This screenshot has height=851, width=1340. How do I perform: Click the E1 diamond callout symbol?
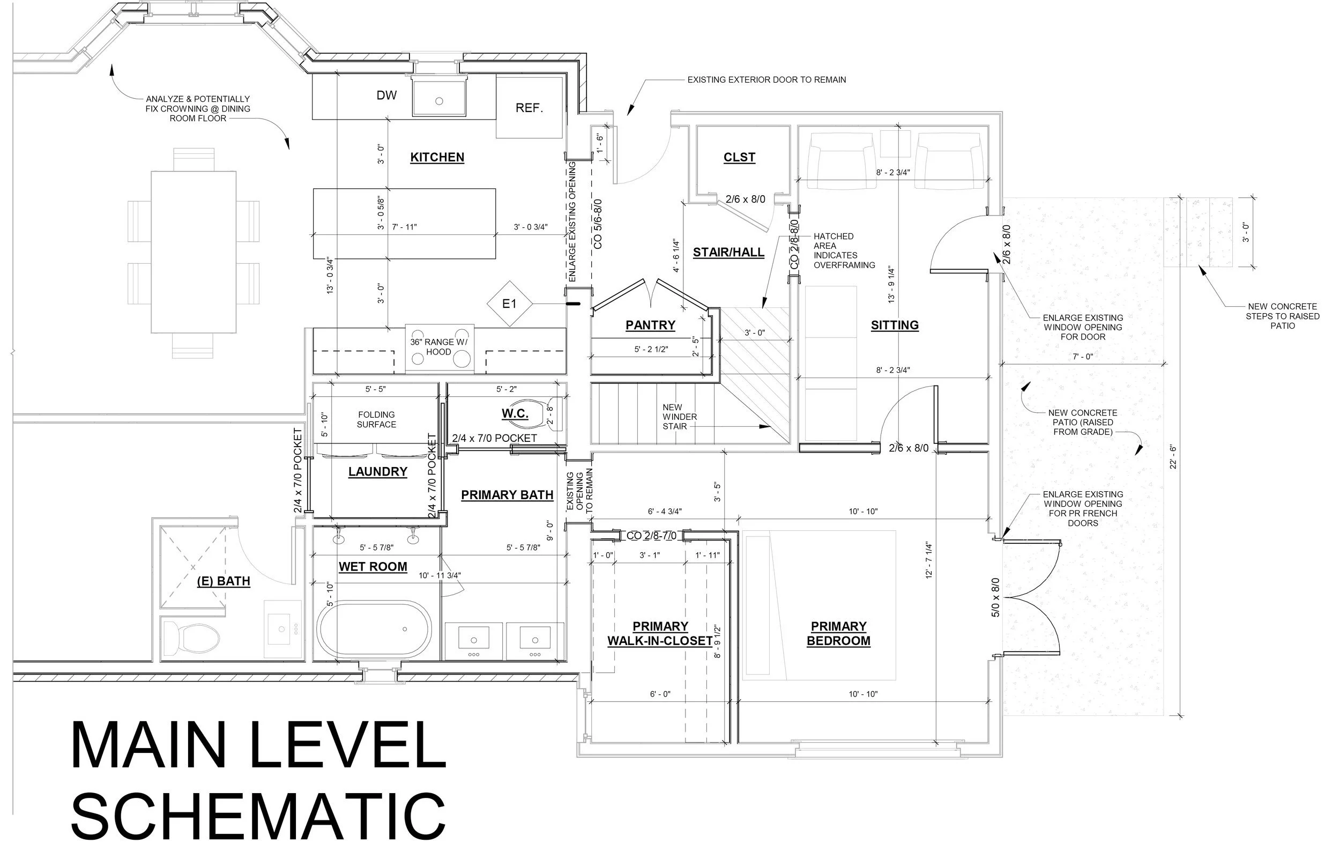tap(509, 304)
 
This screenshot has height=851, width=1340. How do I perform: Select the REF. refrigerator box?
tap(528, 107)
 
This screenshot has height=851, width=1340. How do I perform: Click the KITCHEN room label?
tap(437, 158)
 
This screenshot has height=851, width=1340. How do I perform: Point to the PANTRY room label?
tap(650, 325)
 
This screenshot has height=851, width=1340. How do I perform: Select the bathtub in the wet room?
tap(374, 629)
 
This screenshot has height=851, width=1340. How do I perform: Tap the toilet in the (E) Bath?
tap(191, 639)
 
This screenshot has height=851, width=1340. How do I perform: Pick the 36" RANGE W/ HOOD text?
tap(438, 347)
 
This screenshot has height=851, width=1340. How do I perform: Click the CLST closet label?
tap(739, 158)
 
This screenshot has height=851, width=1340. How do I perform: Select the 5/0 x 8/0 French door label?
tap(995, 597)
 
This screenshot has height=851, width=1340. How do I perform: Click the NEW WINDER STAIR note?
tap(680, 417)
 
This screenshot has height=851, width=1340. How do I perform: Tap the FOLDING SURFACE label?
tap(376, 420)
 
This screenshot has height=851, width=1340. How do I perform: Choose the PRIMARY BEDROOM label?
tap(838, 633)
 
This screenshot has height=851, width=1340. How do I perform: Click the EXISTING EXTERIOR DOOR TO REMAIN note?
tap(766, 80)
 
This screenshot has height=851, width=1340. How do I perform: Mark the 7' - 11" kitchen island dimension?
tap(405, 227)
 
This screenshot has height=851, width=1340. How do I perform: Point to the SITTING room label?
tap(894, 325)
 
